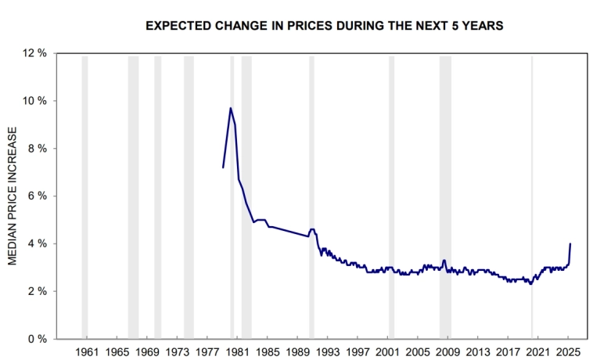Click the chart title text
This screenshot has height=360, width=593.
[325, 26]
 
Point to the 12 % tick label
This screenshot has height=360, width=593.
[35, 53]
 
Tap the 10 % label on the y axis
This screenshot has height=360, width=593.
[35, 101]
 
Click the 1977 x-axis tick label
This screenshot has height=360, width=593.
[207, 351]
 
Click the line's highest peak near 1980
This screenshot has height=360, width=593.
[230, 108]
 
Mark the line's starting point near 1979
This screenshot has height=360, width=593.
[223, 167]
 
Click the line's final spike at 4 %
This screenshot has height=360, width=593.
[570, 243]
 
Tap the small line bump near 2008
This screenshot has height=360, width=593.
[444, 261]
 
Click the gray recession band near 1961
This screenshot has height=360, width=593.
[84, 196]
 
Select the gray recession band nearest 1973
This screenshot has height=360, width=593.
[189, 196]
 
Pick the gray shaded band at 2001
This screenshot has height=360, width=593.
[391, 196]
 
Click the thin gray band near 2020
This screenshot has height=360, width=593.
[532, 196]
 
